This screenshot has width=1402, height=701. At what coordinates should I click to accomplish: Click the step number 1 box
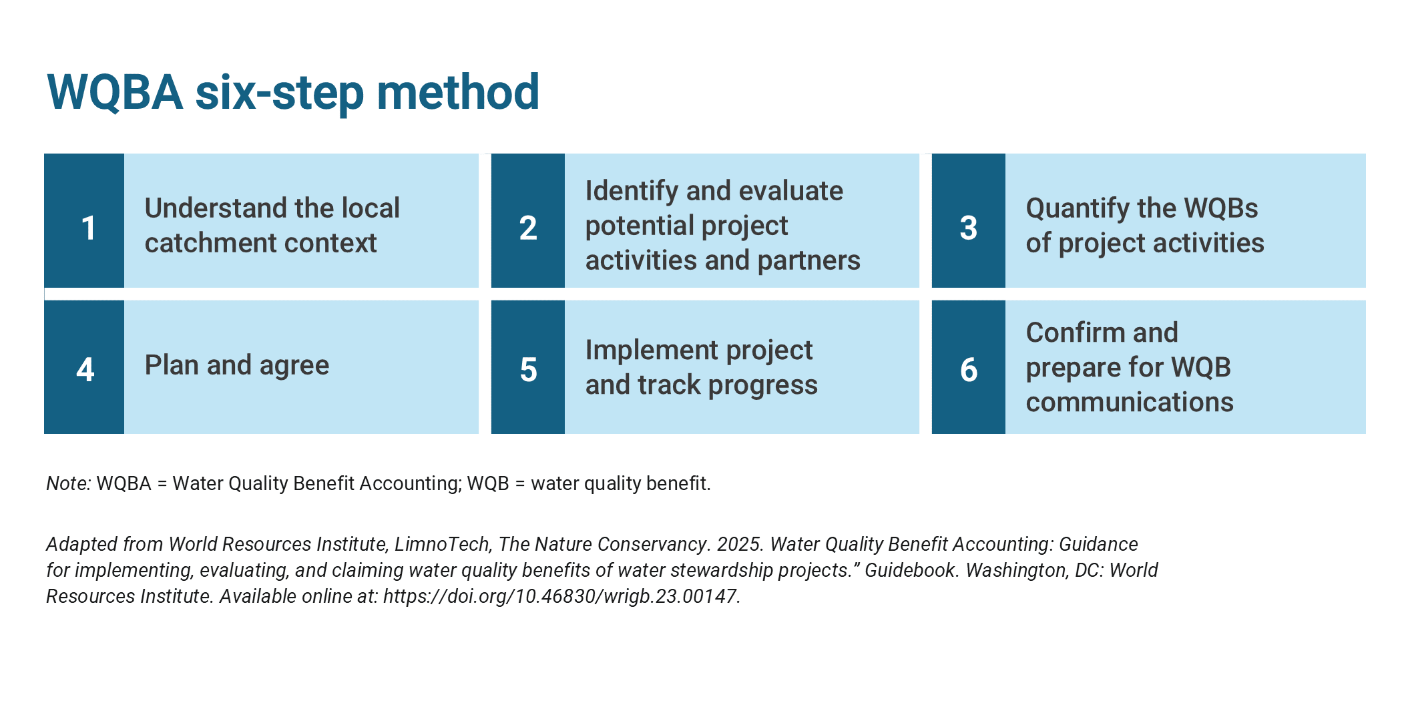84,221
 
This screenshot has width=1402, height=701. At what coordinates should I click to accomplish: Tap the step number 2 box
528,221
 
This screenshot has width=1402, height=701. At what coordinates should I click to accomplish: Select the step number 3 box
969,221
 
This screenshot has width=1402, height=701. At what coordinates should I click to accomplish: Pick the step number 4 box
84,367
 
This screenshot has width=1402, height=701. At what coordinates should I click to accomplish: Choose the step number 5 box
528,367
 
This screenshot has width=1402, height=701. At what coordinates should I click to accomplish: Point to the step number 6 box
969,367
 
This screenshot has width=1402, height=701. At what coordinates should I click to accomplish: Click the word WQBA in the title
115,92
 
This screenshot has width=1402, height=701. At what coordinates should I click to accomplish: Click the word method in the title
458,92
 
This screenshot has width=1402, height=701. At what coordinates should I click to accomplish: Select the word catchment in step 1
205,243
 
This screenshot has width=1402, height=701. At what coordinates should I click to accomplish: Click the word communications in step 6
1130,402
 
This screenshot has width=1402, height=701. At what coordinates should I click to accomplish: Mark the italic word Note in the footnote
68,483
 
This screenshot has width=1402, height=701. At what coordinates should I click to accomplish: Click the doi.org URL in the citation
561,596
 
